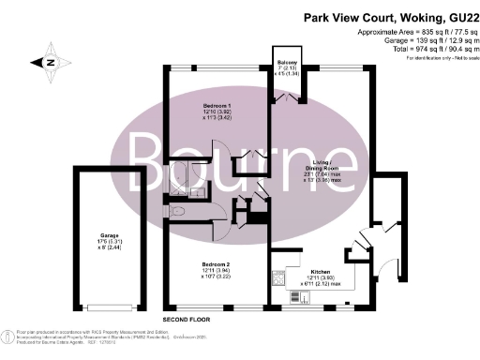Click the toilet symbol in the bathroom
176,212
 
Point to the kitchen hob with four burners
278,277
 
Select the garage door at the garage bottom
112,306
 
